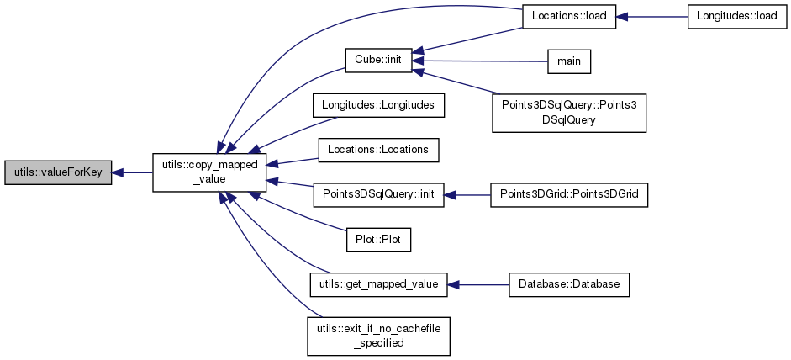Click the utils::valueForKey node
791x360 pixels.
(x=58, y=172)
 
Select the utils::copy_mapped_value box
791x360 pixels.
(x=209, y=172)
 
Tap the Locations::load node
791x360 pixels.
(x=569, y=17)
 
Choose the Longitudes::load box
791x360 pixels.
(x=737, y=17)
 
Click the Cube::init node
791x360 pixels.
(x=377, y=61)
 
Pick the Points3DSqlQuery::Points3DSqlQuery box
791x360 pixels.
(x=569, y=111)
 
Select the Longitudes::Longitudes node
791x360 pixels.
(x=377, y=105)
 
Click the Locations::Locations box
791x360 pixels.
(x=377, y=150)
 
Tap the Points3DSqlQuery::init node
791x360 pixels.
(x=377, y=194)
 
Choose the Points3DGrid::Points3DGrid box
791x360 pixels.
(x=569, y=194)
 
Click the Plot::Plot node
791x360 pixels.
(x=377, y=239)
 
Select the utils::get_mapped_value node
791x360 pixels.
(x=377, y=284)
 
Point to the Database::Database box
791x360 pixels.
(x=569, y=284)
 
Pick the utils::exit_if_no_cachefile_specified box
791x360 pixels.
(x=377, y=335)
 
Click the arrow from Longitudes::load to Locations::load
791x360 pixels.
(x=652, y=17)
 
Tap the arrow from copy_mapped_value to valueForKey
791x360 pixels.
(x=132, y=172)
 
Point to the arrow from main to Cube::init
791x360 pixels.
(x=479, y=61)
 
